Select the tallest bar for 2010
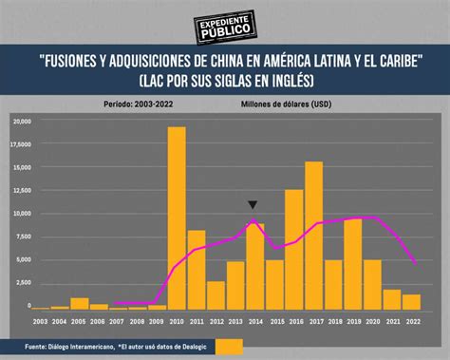177,218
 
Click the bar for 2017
313,236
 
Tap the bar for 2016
294,250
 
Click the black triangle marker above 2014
253,204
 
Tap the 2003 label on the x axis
40,321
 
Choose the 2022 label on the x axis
411,321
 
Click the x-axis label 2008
138,321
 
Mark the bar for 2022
411,301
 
